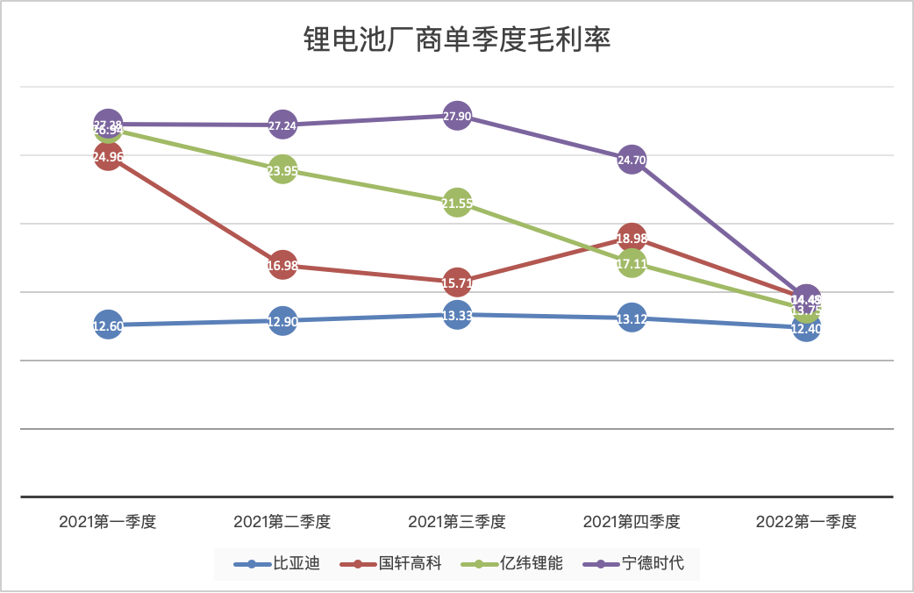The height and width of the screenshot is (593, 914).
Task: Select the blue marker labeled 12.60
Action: (107, 325)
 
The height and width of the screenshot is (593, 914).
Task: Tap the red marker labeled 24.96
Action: (107, 157)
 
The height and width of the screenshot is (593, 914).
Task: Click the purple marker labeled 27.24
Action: (282, 125)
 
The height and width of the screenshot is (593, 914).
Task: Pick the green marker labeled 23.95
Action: (282, 171)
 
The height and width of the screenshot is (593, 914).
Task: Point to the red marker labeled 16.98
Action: (282, 265)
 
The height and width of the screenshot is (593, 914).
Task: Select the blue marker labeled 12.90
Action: (282, 321)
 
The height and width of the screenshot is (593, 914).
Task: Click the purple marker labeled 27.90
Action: (457, 116)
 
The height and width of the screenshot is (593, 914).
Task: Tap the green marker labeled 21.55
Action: (457, 204)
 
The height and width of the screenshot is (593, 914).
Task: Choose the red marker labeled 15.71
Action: (457, 282)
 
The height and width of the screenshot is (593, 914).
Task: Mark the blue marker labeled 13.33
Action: (457, 315)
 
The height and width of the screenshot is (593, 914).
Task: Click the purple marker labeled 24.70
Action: (632, 160)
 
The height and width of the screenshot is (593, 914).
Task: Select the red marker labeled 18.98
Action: (632, 238)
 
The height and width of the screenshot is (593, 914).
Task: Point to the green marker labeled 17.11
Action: (632, 262)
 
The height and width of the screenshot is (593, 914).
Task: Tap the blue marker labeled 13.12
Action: (632, 318)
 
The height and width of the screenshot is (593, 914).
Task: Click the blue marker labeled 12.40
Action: (806, 328)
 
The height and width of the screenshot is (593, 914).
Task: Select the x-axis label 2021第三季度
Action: (457, 521)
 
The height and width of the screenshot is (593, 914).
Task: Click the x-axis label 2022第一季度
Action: (806, 521)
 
